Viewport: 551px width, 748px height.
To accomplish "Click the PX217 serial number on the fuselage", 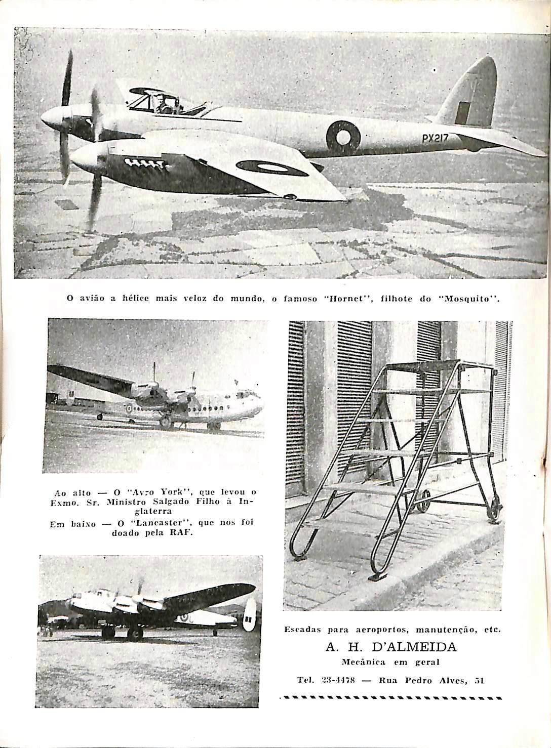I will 435,138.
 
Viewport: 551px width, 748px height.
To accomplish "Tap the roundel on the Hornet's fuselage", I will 343,136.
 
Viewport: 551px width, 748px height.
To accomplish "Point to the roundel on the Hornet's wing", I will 272,168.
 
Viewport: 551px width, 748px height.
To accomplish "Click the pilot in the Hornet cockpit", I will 164,105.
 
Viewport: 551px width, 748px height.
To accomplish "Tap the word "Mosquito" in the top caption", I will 469,299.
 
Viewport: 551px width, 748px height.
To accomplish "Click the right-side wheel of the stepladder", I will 494,512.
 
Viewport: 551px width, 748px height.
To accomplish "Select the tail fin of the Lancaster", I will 249,615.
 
